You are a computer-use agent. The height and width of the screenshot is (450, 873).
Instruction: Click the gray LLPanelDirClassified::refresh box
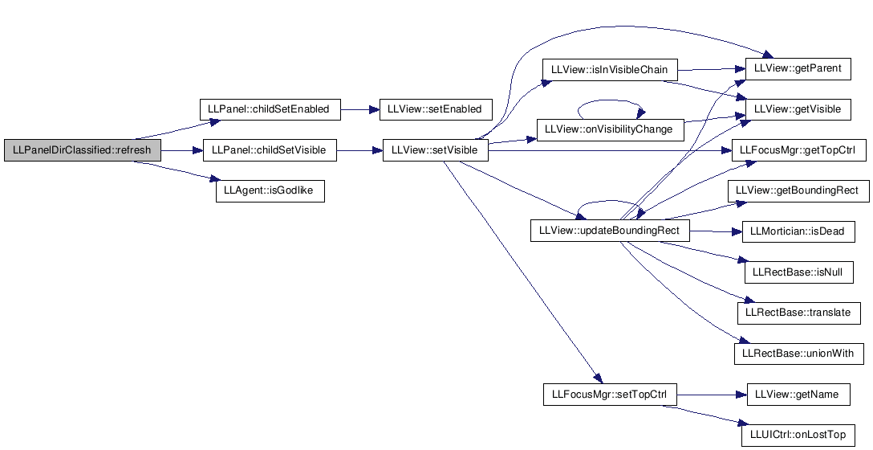[x=83, y=150]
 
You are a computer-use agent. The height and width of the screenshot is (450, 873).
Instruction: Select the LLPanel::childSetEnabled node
[x=270, y=109]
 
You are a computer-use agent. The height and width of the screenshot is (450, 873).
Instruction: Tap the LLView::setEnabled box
[x=436, y=109]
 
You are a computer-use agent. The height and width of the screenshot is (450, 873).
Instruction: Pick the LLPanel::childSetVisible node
[x=270, y=150]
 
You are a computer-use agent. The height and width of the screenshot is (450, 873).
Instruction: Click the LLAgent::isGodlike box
[x=270, y=191]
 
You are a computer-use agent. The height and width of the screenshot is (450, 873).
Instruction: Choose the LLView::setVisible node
[x=436, y=150]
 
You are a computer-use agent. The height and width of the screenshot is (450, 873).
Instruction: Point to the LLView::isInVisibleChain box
[x=610, y=70]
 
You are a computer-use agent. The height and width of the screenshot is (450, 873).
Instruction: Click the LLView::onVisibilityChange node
[x=610, y=129]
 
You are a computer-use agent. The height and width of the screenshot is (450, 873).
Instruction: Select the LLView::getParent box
[x=798, y=68]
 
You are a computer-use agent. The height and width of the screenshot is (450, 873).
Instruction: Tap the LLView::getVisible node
[x=798, y=109]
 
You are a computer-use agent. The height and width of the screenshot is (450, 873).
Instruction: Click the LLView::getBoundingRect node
[x=798, y=191]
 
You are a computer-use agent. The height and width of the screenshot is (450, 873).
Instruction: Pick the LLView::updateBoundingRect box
[x=610, y=231]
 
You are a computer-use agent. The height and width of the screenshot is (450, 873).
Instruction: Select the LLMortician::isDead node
[x=798, y=232]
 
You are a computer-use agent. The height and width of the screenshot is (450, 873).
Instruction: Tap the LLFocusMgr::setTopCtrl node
[x=610, y=395]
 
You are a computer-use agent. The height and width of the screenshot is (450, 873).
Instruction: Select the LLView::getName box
[x=798, y=395]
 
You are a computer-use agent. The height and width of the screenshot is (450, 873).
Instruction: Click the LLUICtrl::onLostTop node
[x=798, y=436]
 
